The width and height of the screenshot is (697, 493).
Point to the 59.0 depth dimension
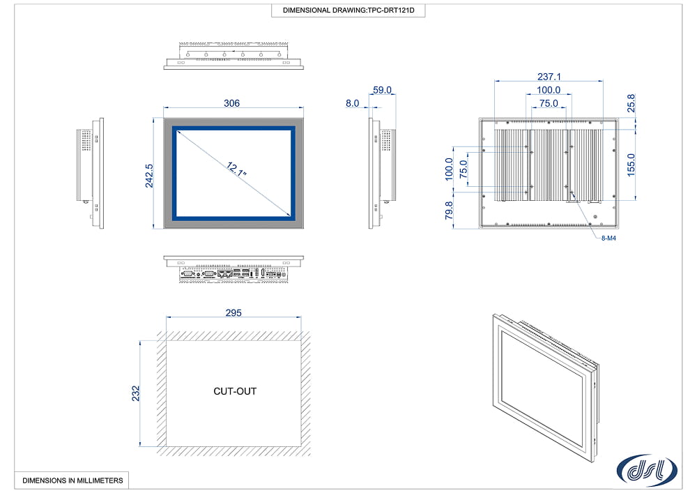(383, 90)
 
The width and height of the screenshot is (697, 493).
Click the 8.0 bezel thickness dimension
(353, 103)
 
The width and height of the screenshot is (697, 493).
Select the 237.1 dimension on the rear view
(549, 77)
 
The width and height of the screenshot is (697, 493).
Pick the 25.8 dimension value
(632, 103)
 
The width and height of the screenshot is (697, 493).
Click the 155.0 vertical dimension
(632, 165)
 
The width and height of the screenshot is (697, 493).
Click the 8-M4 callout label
(608, 238)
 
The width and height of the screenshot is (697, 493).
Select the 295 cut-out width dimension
(233, 313)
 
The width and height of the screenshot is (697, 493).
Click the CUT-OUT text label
(234, 391)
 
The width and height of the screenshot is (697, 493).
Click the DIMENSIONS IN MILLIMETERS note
(72, 480)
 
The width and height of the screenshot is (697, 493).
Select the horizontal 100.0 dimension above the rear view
(549, 90)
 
